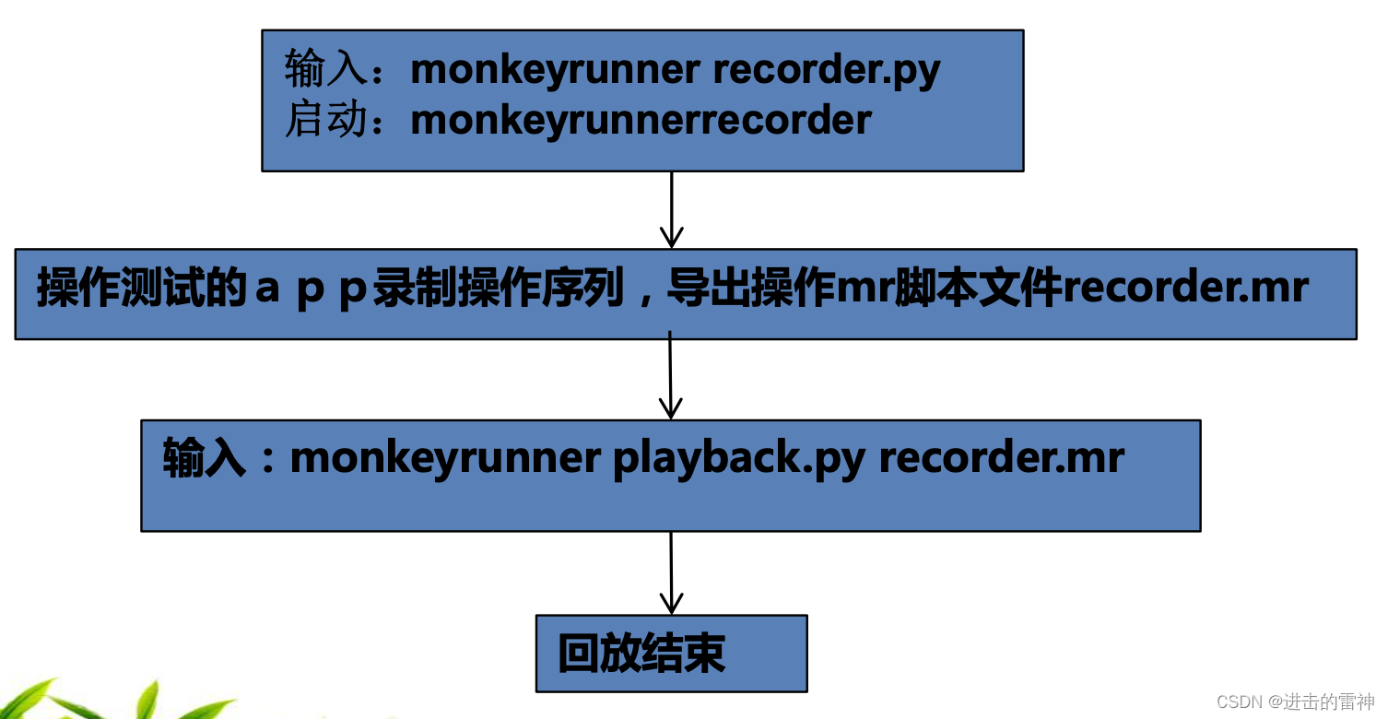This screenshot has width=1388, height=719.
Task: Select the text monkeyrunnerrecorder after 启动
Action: click(x=641, y=120)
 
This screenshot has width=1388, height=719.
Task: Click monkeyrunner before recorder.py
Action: click(x=556, y=69)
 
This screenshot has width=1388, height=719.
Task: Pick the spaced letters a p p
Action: click(x=312, y=289)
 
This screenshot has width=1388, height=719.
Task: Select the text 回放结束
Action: click(x=641, y=654)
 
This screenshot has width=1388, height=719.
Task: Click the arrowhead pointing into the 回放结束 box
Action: click(x=672, y=604)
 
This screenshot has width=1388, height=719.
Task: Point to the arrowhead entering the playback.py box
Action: click(x=671, y=407)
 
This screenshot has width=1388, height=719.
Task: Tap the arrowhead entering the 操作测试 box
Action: click(x=672, y=236)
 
